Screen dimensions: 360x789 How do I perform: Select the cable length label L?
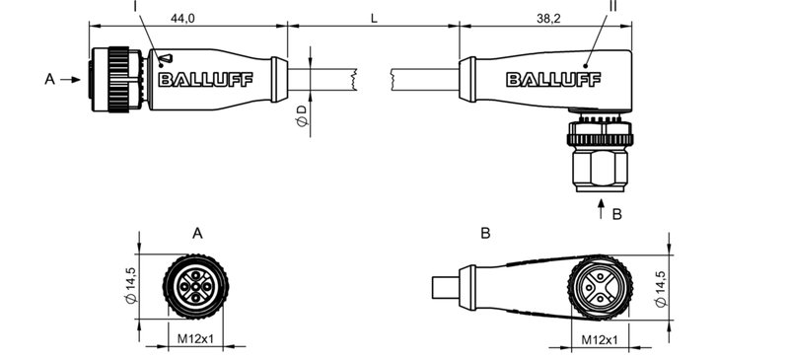(x=373, y=18)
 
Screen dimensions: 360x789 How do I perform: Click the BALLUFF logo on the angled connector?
(x=541, y=79)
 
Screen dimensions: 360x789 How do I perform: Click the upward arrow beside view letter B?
(x=602, y=210)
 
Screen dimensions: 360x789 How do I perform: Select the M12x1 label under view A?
(x=195, y=340)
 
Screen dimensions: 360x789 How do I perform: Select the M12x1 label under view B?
(x=600, y=340)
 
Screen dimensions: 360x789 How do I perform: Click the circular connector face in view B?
(x=600, y=288)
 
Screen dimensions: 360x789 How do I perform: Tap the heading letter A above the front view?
(x=196, y=234)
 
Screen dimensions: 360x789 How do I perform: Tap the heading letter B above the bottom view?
(x=484, y=234)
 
